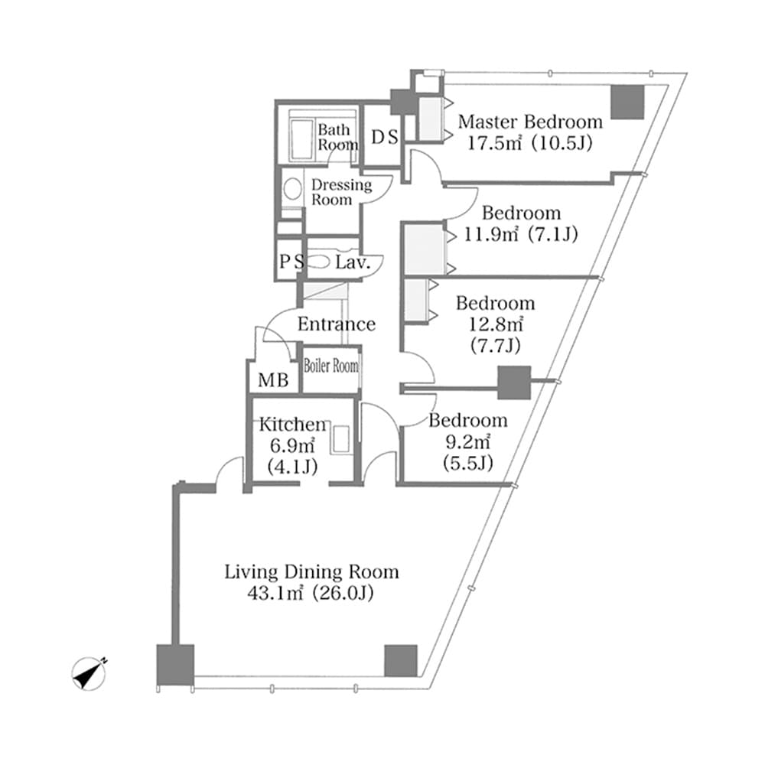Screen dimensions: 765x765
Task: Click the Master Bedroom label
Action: click(529, 122)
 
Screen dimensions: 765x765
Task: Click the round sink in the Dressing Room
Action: click(291, 189)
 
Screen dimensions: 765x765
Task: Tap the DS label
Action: click(384, 137)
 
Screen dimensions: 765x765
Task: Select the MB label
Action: click(273, 379)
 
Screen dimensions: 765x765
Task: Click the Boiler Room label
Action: click(330, 366)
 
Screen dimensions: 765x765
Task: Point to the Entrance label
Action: click(336, 324)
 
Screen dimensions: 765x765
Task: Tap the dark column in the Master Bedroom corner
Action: click(627, 102)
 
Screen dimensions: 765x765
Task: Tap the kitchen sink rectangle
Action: click(342, 441)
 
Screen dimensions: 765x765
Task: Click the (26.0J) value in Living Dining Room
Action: click(341, 593)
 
